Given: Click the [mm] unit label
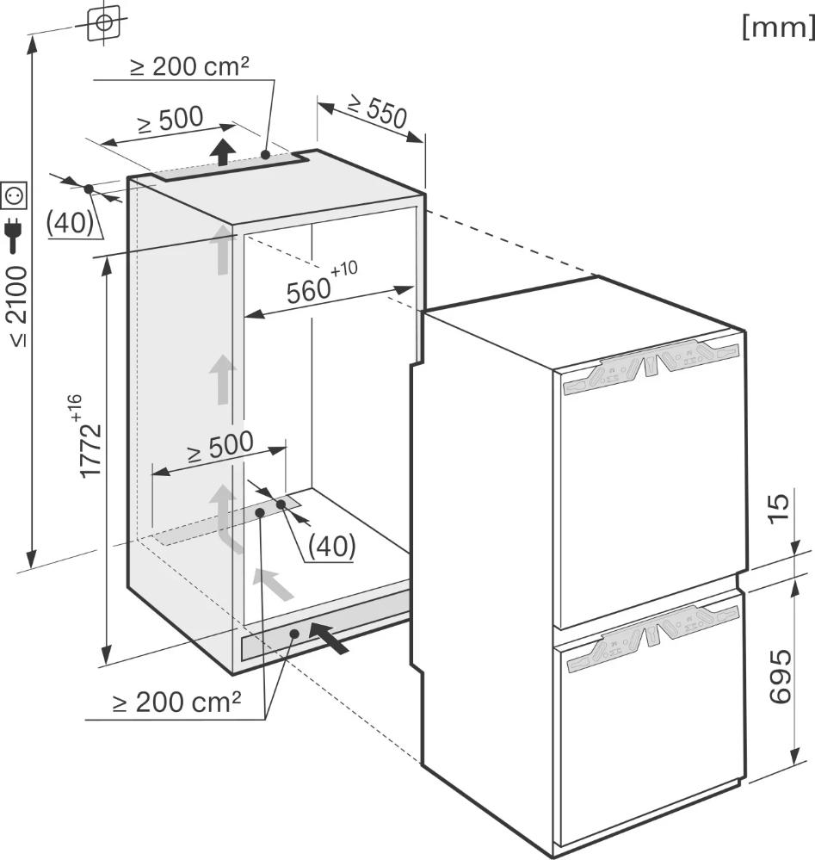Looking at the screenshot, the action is pyautogui.click(x=778, y=27).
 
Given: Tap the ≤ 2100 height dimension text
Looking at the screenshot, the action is pyautogui.click(x=17, y=306).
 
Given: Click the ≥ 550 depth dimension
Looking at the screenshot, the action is pyautogui.click(x=378, y=111).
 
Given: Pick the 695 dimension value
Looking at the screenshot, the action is pyautogui.click(x=781, y=676).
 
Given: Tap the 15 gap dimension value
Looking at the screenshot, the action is pyautogui.click(x=780, y=509).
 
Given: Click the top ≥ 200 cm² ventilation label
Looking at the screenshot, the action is pyautogui.click(x=189, y=66).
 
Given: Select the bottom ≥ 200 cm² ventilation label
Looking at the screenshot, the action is pyautogui.click(x=176, y=702).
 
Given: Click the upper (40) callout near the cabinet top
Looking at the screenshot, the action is pyautogui.click(x=70, y=222).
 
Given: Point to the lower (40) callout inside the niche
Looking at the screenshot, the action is pyautogui.click(x=332, y=546).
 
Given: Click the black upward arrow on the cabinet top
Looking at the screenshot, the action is pyautogui.click(x=223, y=152).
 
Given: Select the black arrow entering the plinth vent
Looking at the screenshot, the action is pyautogui.click(x=329, y=637).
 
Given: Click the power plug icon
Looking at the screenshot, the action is pyautogui.click(x=14, y=237).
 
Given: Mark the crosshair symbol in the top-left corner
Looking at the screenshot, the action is pyautogui.click(x=103, y=22).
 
